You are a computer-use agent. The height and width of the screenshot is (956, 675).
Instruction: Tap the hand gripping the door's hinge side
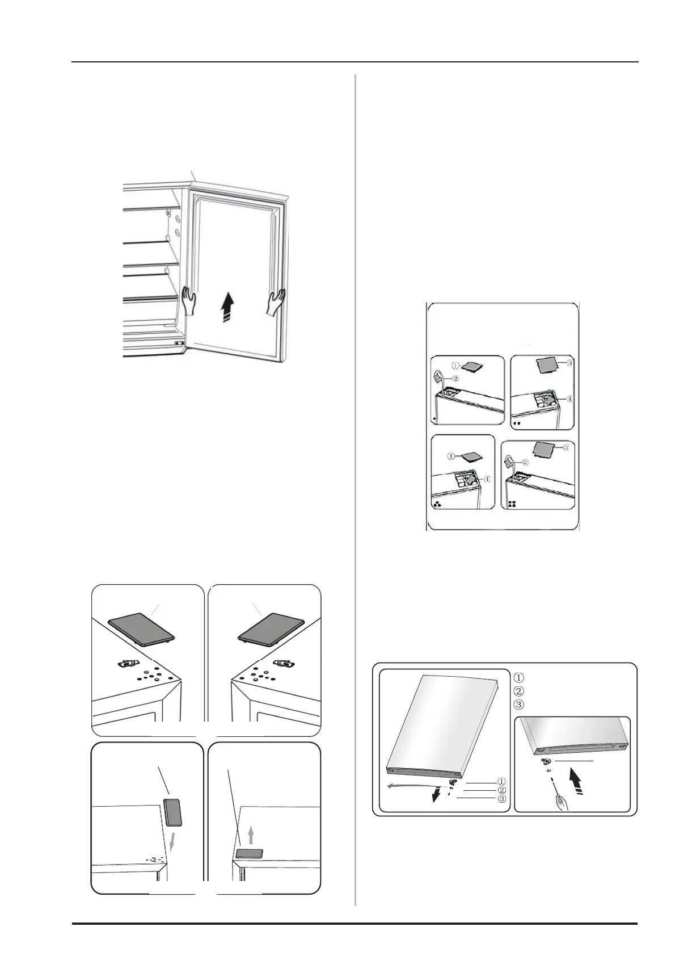pyautogui.click(x=188, y=301)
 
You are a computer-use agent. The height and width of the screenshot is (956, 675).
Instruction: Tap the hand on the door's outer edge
pyautogui.click(x=275, y=303)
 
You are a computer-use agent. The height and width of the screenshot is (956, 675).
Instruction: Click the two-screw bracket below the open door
pyautogui.click(x=179, y=342)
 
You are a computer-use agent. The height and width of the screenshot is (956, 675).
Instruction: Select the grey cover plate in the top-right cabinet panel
pyautogui.click(x=271, y=629)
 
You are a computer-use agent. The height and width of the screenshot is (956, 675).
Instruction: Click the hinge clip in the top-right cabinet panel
pyautogui.click(x=283, y=663)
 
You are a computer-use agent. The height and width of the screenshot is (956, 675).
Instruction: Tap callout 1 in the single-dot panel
pyautogui.click(x=455, y=366)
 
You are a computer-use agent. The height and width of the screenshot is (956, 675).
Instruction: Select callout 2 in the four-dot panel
pyautogui.click(x=525, y=462)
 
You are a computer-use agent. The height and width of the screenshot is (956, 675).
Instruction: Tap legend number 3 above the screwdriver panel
pyautogui.click(x=519, y=705)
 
